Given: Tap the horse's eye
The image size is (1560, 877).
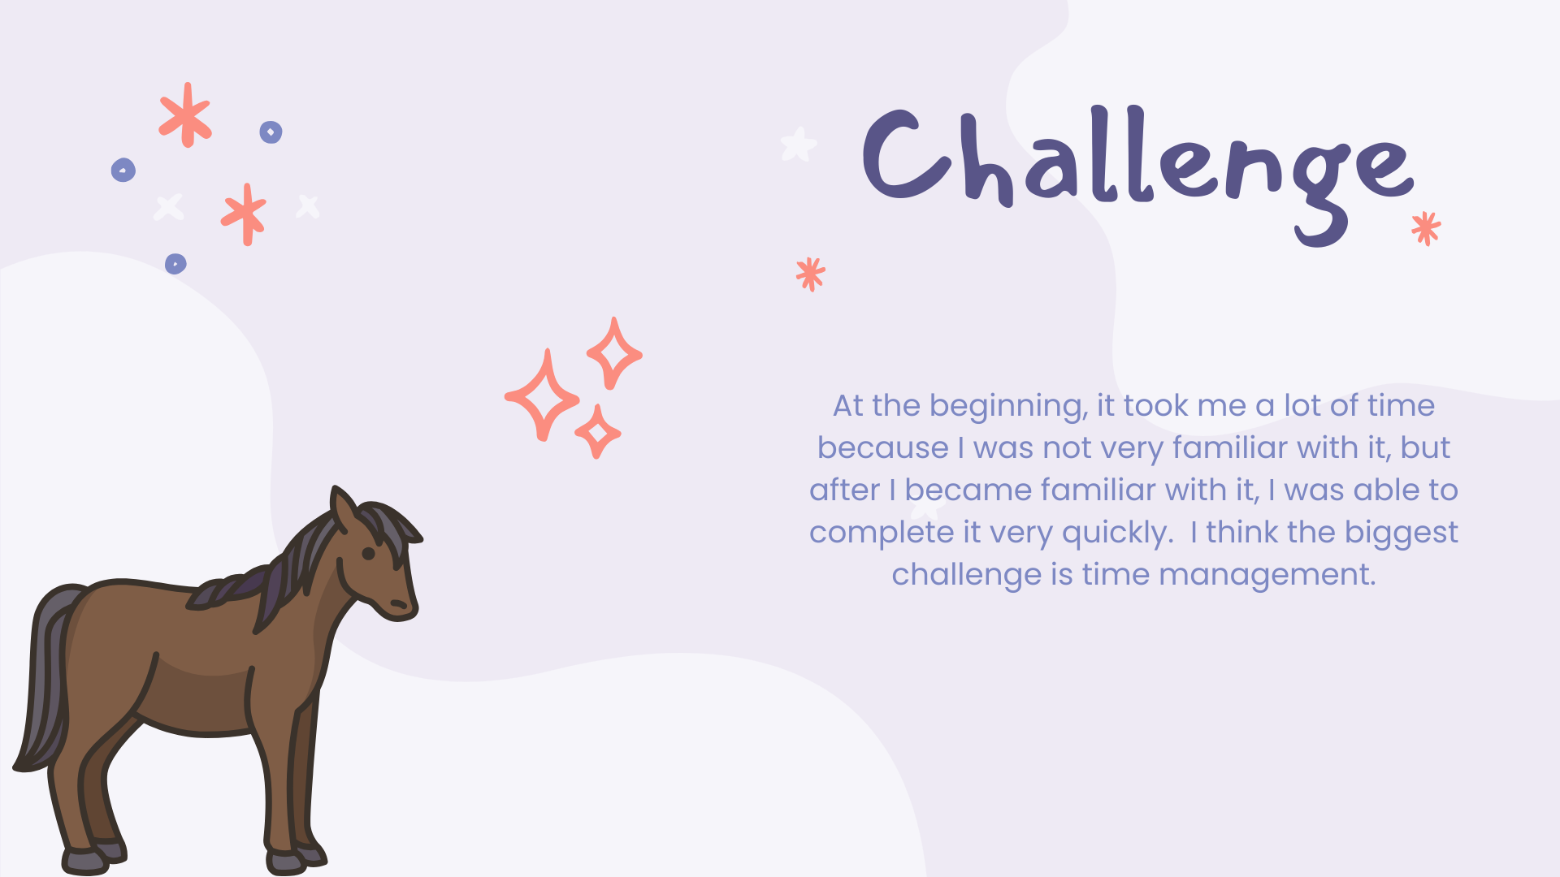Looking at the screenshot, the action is pyautogui.click(x=368, y=554).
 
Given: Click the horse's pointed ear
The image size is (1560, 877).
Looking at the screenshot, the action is pyautogui.click(x=344, y=510).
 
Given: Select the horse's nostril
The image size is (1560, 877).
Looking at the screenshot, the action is pyautogui.click(x=399, y=604).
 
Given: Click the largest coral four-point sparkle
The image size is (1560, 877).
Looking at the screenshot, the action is pyautogui.click(x=542, y=395).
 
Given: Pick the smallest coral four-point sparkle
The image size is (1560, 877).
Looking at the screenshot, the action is pyautogui.click(x=598, y=432).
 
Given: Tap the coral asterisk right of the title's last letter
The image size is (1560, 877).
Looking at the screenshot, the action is pyautogui.click(x=1426, y=228).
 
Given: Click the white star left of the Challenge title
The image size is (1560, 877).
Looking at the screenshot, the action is pyautogui.click(x=798, y=145).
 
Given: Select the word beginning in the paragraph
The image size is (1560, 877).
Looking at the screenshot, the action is pyautogui.click(x=1008, y=406).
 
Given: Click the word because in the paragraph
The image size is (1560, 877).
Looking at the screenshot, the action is pyautogui.click(x=883, y=447).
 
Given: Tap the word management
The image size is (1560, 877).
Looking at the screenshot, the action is pyautogui.click(x=1267, y=575).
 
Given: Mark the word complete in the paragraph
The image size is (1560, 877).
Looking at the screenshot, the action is pyautogui.click(x=882, y=533).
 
